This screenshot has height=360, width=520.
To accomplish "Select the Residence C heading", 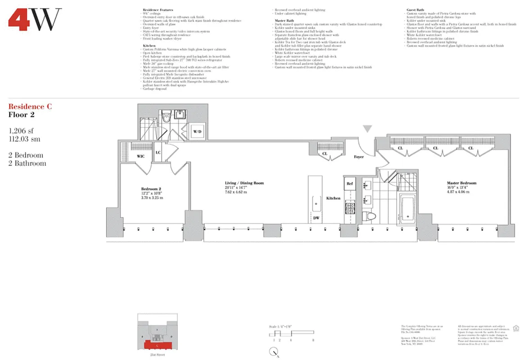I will click(30, 107).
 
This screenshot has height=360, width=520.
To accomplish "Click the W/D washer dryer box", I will click(197, 131).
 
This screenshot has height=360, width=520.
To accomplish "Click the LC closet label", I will click(158, 152).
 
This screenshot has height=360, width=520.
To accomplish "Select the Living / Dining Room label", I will click(244, 183).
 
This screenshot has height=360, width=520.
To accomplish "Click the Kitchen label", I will click(334, 198).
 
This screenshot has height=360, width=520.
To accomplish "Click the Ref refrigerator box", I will click(350, 184).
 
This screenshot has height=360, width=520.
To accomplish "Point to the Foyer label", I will click(359, 157).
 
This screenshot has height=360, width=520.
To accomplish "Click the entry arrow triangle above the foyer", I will click(368, 129).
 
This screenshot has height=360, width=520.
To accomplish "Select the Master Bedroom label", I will click(461, 183).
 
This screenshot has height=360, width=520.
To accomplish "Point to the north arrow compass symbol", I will click(276, 354).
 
